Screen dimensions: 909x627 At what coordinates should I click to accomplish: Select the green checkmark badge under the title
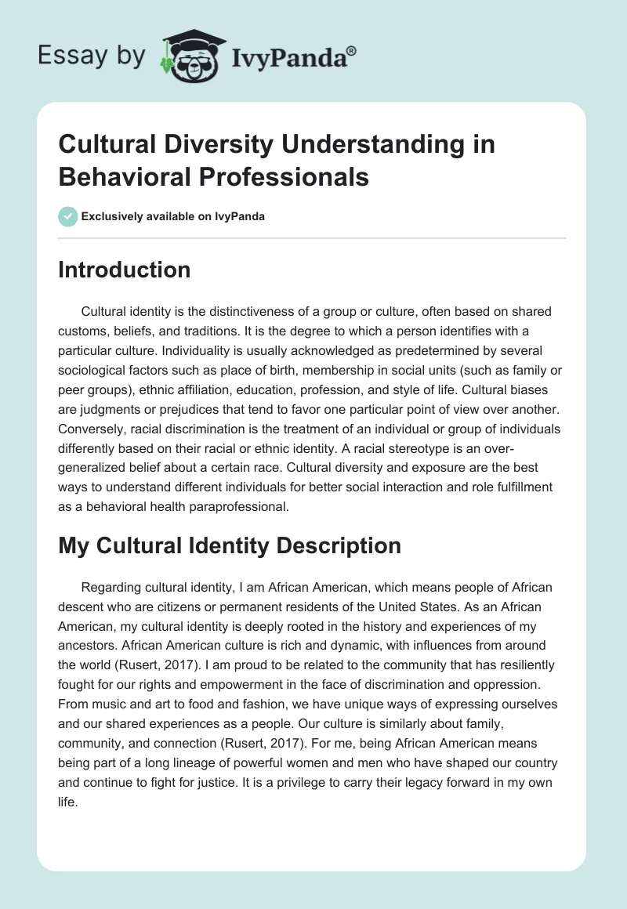pos(67,216)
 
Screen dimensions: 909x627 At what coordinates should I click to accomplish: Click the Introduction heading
pos(124,270)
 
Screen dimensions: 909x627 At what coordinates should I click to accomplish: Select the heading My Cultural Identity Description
pos(229,545)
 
